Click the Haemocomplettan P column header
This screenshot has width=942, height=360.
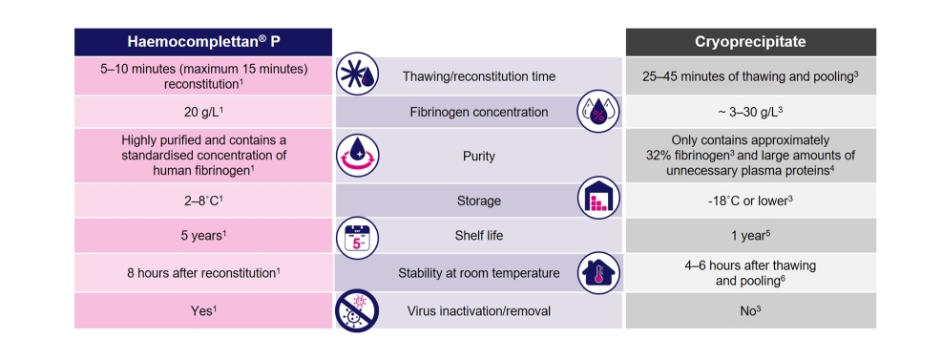[202, 42]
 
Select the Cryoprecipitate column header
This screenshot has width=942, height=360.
[750, 42]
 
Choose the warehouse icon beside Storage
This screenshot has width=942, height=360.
[598, 199]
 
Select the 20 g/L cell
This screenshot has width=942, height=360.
[202, 112]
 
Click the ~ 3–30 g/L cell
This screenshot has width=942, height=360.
[750, 112]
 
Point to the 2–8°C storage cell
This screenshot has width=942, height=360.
[202, 200]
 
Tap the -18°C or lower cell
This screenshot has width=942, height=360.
[750, 200]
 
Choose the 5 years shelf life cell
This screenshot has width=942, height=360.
[202, 235]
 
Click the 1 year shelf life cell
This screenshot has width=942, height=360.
[750, 235]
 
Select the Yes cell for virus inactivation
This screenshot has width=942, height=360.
[202, 310]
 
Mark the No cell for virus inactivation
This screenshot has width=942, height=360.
[750, 310]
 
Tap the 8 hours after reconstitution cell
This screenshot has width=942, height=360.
[202, 273]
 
